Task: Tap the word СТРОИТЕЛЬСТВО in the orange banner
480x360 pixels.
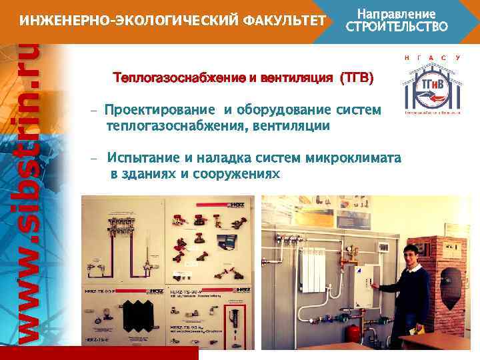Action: pyautogui.click(x=397, y=27)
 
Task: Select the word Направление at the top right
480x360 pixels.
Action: pyautogui.click(x=397, y=13)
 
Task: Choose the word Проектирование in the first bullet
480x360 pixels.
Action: pyautogui.click(x=159, y=110)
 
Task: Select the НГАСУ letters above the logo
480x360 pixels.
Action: pyautogui.click(x=431, y=59)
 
